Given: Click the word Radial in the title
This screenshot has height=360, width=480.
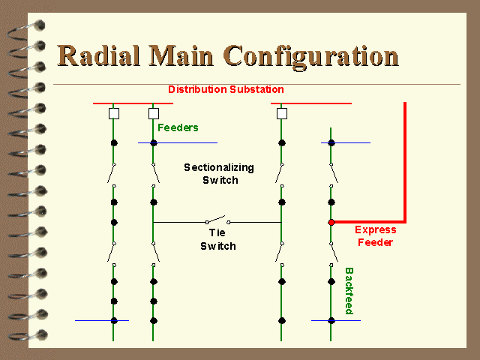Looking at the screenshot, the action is (99, 55).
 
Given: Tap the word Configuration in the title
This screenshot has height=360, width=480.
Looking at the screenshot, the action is (310, 57).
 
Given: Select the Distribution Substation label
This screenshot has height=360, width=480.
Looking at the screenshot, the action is (226, 89).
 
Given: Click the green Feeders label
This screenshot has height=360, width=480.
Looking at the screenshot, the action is (178, 127).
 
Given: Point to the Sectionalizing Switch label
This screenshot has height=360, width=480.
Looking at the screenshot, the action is (219, 173).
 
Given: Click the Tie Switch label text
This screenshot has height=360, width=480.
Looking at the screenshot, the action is (218, 239).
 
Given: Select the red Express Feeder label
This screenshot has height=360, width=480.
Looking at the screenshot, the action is (376, 236).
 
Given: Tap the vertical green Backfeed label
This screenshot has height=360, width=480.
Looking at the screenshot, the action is (349, 291).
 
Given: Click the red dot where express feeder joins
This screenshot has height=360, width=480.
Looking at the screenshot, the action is (331, 222).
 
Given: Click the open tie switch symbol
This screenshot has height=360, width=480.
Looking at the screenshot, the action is (217, 220).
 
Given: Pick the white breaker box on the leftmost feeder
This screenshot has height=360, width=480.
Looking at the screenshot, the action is (114, 113).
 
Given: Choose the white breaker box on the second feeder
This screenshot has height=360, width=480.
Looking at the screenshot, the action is (154, 113).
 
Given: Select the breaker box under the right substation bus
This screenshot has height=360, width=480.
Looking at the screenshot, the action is (282, 113).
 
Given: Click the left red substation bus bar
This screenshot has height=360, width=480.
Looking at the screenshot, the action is (133, 103).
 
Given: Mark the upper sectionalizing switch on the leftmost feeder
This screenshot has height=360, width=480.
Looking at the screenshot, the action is (112, 175).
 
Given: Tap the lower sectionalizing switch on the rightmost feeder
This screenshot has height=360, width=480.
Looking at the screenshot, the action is (334, 254).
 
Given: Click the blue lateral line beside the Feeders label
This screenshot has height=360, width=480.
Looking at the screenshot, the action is (178, 142).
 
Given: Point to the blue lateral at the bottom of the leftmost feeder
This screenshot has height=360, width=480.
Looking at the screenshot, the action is (102, 320).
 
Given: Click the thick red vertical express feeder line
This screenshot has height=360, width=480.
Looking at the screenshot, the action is (405, 162).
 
